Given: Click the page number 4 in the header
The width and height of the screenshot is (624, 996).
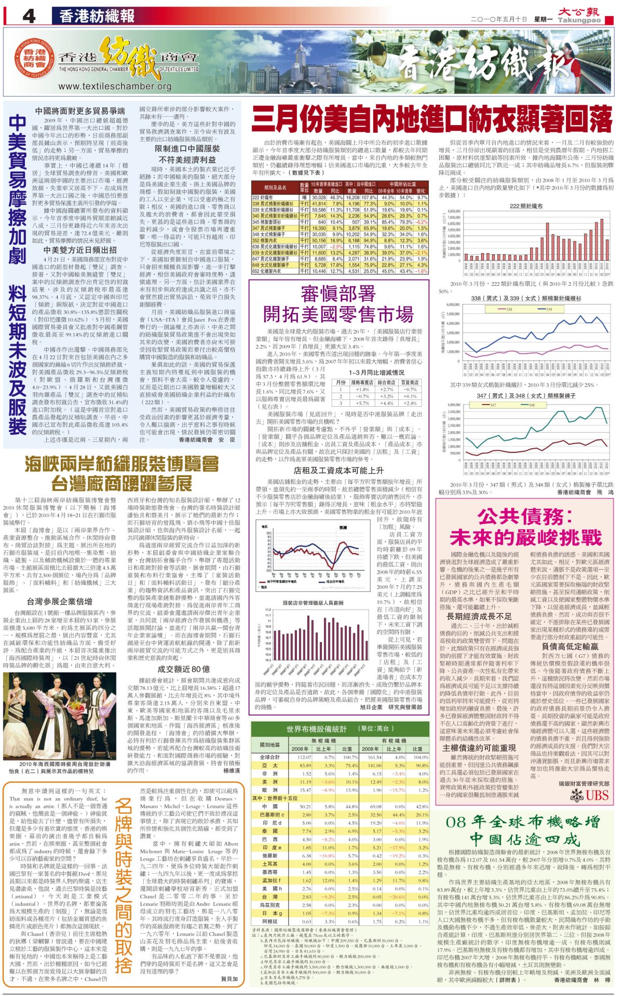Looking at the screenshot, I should point(29,16).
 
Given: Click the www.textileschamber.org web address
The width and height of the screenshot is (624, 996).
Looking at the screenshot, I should point(115,87).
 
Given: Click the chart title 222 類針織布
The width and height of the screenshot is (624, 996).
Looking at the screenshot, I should point(526,206).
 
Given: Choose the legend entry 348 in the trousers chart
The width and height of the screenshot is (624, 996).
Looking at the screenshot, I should point(532,405).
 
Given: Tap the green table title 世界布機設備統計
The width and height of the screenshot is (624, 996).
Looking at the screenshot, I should point(317,729).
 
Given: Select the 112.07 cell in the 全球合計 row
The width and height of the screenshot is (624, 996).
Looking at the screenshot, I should point(304,757).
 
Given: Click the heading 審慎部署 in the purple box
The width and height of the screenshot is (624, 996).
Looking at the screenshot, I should point(338,294).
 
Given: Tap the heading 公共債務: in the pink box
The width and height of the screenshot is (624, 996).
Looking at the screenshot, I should point(524,517).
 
